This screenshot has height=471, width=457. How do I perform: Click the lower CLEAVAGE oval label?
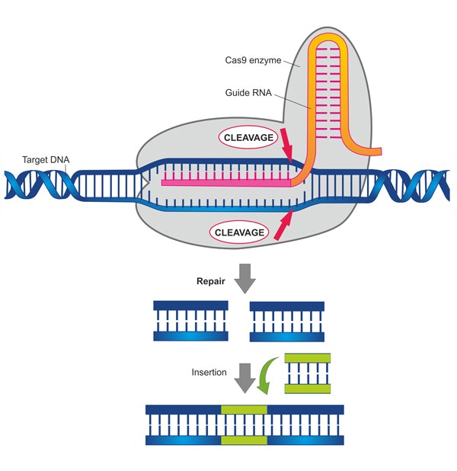[x=239, y=232]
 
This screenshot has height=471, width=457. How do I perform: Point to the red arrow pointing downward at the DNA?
[x=286, y=144]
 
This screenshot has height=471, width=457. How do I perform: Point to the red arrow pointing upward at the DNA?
[x=283, y=226]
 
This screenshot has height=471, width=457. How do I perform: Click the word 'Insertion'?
[x=209, y=373]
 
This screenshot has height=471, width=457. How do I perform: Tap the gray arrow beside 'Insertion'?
[x=244, y=376]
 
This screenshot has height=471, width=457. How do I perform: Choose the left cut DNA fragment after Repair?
[x=190, y=320]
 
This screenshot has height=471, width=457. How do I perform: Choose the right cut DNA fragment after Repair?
[x=286, y=320]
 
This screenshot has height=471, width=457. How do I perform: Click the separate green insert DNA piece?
[x=308, y=373]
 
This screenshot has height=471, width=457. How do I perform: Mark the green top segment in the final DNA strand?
[x=244, y=410]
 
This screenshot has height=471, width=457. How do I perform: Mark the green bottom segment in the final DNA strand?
[x=244, y=441]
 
